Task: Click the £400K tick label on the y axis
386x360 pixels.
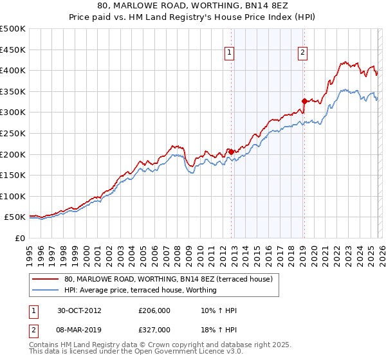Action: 13,70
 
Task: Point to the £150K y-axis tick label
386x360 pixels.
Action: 13,175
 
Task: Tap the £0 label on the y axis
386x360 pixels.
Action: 20,238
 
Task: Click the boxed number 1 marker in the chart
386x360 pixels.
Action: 230,54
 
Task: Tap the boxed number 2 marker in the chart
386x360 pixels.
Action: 302,54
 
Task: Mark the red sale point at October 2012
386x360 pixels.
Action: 232,152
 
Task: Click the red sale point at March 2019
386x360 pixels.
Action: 304,101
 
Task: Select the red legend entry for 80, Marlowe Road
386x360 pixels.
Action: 169,279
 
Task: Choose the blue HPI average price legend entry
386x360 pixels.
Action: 140,290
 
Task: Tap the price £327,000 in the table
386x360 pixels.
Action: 154,329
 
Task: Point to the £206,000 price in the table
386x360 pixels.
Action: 154,310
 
